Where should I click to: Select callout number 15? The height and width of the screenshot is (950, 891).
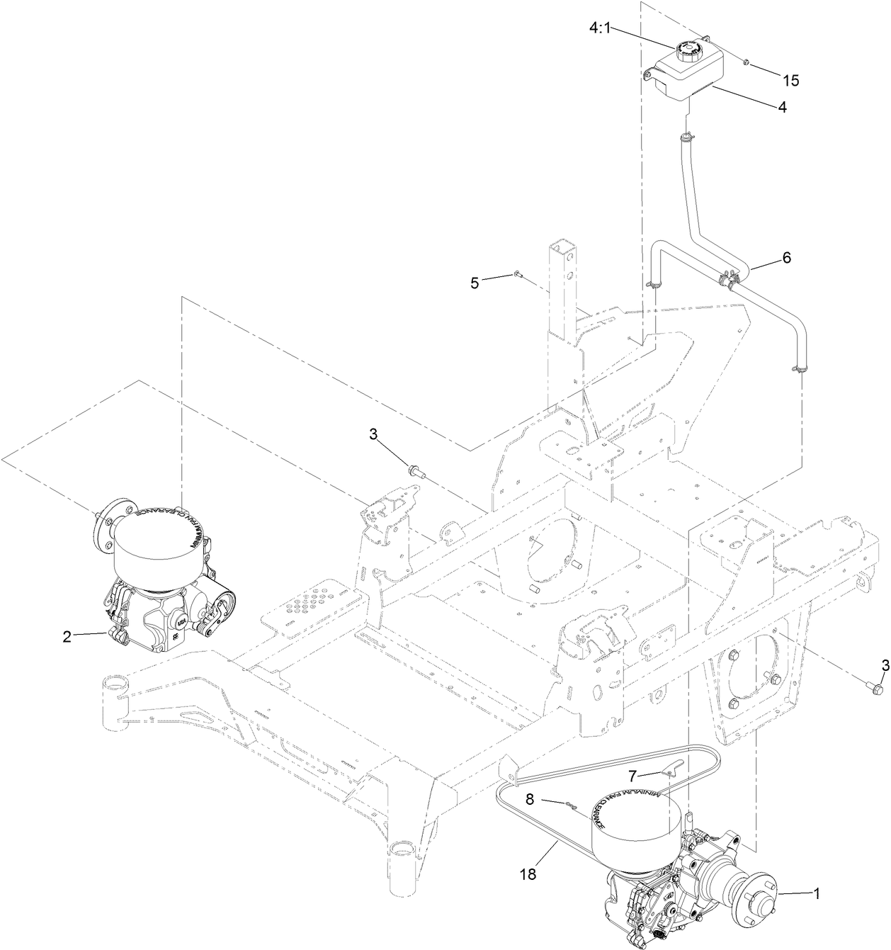[x=790, y=81]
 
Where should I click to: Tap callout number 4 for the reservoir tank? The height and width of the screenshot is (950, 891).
[x=782, y=108]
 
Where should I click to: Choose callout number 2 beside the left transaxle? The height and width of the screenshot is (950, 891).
[x=67, y=636]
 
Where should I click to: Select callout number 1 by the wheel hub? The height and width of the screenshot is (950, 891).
[x=816, y=894]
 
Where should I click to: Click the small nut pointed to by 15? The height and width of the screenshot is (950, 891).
[x=746, y=63]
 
